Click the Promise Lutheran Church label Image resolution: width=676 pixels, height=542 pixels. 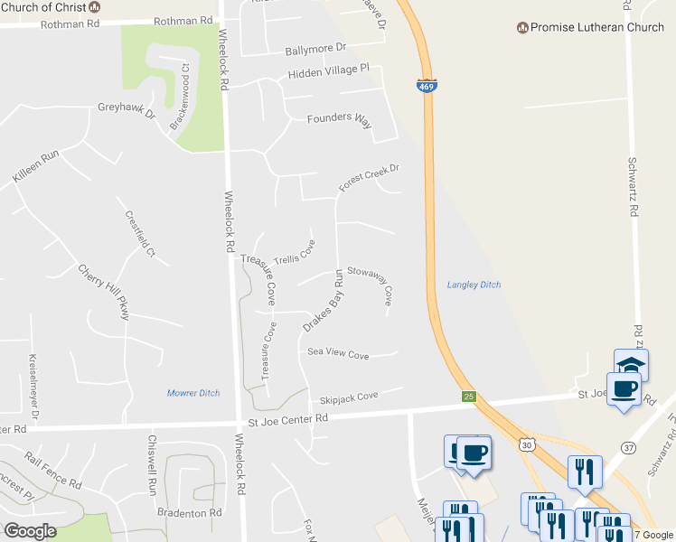tap(596, 28)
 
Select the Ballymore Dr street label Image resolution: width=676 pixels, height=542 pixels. tap(315, 48)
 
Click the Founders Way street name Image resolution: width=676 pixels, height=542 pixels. tap(339, 119)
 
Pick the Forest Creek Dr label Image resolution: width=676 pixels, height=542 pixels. tap(369, 177)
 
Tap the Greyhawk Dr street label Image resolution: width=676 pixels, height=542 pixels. tap(127, 111)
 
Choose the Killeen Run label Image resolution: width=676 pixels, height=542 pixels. tap(35, 168)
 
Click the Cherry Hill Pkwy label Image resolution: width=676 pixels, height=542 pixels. tap(104, 292)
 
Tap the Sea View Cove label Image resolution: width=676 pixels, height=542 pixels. tap(338, 355)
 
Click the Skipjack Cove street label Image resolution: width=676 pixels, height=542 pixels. tap(348, 397)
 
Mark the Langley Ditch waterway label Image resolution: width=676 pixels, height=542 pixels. tap(474, 285)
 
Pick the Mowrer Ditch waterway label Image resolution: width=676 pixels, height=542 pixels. tap(193, 393)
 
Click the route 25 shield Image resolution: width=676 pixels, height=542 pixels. tap(468, 396)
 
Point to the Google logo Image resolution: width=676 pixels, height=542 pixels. tap(31, 530)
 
